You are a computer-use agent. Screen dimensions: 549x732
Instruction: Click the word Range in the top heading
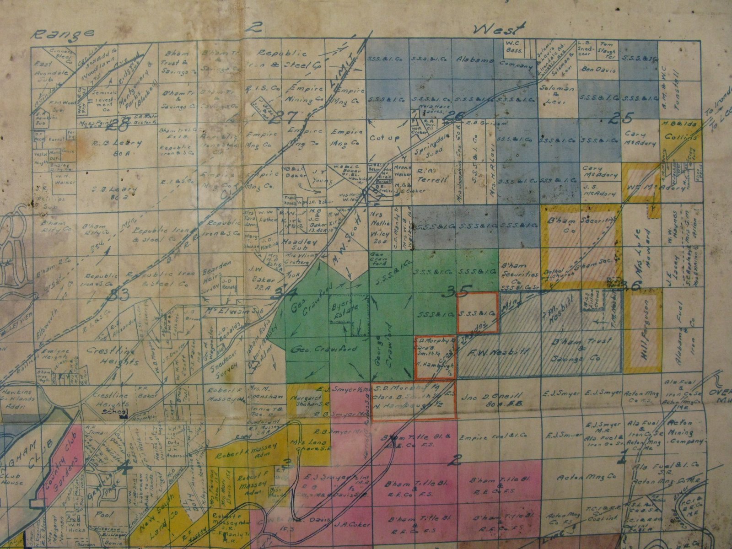[x=64, y=34]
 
